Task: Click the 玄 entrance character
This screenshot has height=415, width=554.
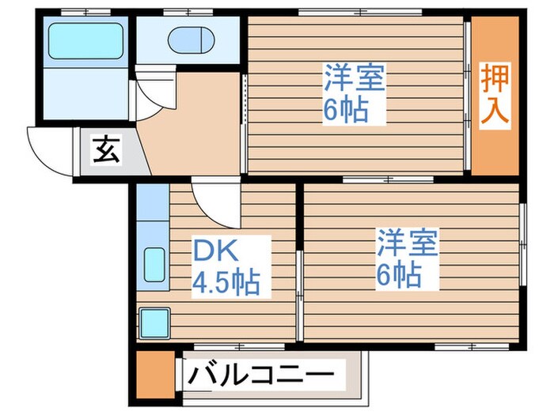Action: pos(107,149)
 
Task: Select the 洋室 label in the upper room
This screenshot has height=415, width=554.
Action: pos(353,79)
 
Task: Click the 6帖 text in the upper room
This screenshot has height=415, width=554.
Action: pos(346,110)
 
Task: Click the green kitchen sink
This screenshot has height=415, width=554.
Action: pos(154,266)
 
